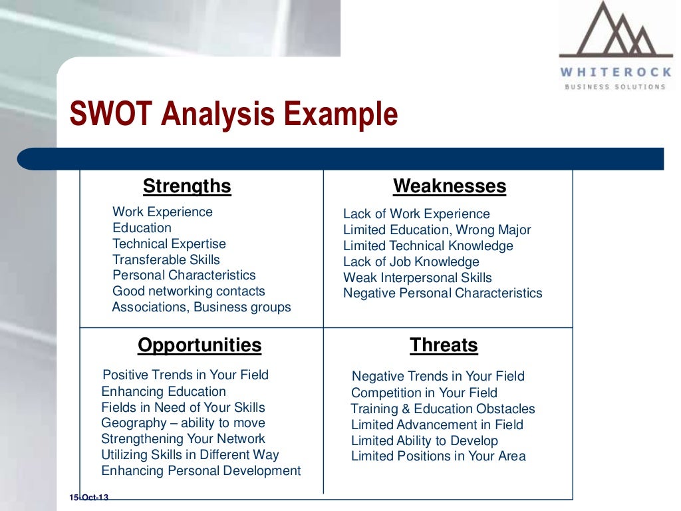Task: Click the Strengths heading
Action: click(x=187, y=186)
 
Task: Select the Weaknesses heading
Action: click(x=450, y=186)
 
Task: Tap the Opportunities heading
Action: click(x=200, y=345)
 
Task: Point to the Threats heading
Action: click(x=444, y=345)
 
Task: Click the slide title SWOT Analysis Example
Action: click(x=233, y=114)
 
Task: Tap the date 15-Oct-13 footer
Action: click(x=88, y=498)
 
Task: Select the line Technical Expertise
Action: click(x=169, y=244)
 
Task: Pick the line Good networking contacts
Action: click(x=188, y=291)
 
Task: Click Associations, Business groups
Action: click(x=201, y=307)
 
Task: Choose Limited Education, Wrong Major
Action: click(x=436, y=230)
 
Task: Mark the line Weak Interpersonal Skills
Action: click(x=417, y=278)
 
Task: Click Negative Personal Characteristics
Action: click(x=442, y=293)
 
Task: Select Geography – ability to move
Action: click(x=183, y=423)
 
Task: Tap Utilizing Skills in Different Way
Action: click(x=190, y=455)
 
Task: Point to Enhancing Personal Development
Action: click(x=201, y=471)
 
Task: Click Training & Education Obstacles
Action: click(x=442, y=409)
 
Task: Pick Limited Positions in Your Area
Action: click(x=438, y=456)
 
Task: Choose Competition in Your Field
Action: click(x=424, y=393)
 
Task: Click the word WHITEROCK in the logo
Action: click(x=615, y=73)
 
